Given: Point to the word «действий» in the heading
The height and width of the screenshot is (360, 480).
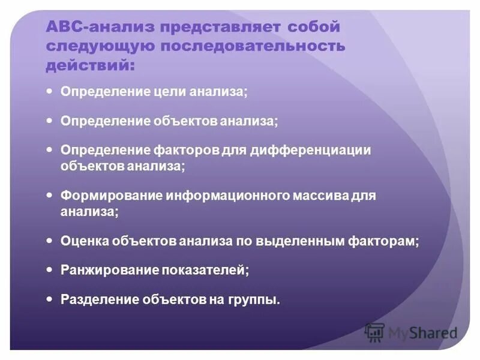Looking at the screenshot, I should coord(90,65).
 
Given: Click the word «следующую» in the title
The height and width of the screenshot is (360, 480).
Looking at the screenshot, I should coord(95,46).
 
